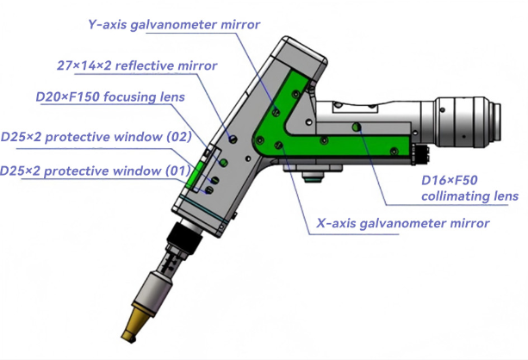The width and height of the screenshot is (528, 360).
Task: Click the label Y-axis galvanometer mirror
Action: [x=174, y=25]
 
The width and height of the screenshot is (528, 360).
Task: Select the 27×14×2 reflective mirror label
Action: [x=137, y=65]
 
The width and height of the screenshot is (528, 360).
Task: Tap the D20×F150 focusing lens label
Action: [x=110, y=97]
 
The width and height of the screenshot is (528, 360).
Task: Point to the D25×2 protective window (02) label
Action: [x=96, y=137]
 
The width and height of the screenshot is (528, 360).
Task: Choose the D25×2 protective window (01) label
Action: [x=96, y=171]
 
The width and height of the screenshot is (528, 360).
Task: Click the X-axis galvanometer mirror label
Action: [x=403, y=223]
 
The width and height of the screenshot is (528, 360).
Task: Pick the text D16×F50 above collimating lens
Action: [x=450, y=181]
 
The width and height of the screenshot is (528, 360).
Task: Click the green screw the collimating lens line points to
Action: [x=357, y=127]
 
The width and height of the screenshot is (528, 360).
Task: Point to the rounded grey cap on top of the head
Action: [x=301, y=56]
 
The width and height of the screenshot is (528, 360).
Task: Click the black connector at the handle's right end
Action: [x=420, y=154]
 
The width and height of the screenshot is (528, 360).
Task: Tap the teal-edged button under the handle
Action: [x=313, y=177]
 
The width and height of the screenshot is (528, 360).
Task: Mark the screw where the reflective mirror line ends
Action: [x=233, y=139]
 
